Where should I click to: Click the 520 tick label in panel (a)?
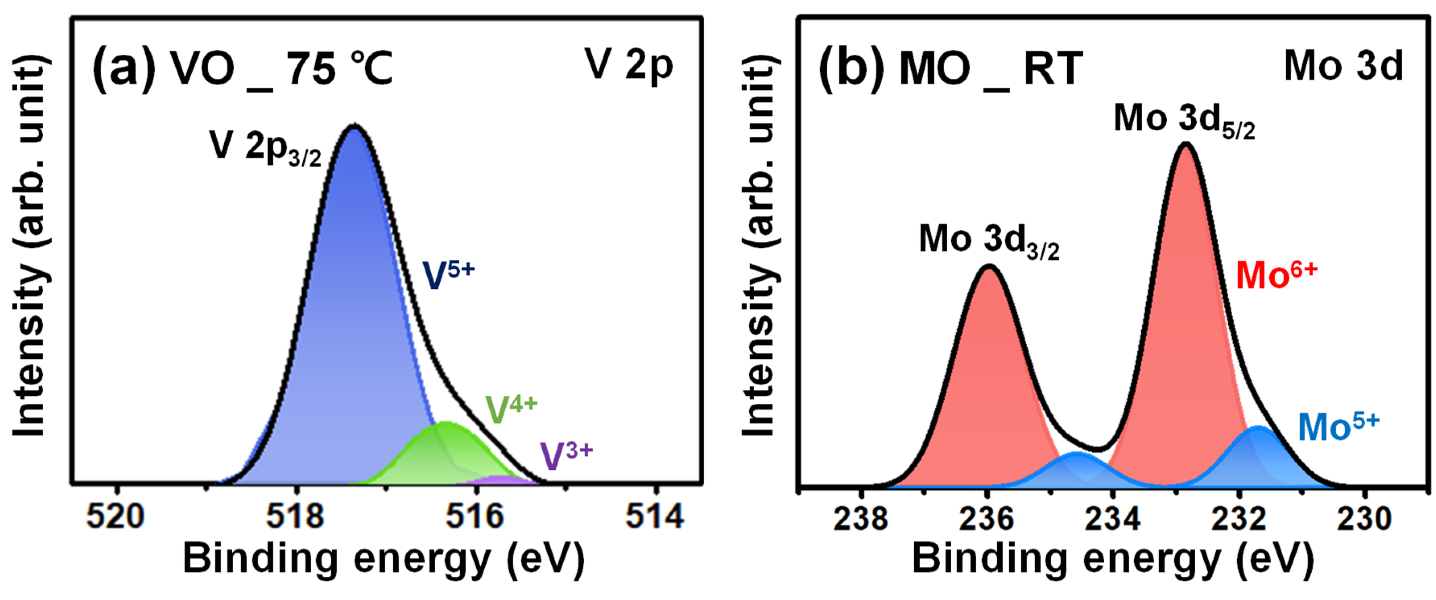(x=116, y=516)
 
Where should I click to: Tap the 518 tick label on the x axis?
(x=295, y=516)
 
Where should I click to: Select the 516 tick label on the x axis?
(x=475, y=516)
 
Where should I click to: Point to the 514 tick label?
(x=655, y=516)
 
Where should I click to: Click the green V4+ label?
(x=510, y=409)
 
